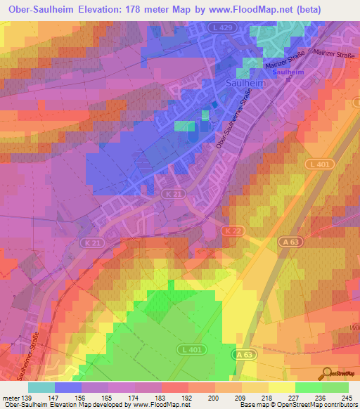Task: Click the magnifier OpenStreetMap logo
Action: (326, 373)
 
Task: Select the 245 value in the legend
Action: (346, 397)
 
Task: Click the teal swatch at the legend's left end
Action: (41, 387)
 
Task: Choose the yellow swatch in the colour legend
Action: (282, 387)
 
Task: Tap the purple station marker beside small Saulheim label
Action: (289, 72)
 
